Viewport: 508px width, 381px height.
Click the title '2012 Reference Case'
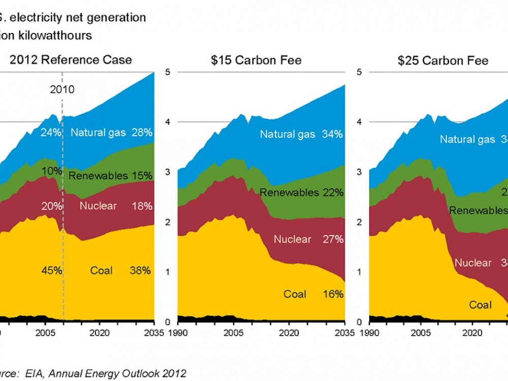point(71,60)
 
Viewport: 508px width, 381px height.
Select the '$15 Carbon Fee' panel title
point(257,60)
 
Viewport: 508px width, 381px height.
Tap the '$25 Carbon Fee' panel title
point(443,60)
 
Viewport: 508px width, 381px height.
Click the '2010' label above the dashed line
point(62,90)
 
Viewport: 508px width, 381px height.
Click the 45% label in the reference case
point(51,271)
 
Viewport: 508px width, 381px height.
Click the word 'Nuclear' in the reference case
point(98,206)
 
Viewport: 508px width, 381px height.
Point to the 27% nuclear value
point(333,239)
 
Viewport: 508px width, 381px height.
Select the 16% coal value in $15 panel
point(333,294)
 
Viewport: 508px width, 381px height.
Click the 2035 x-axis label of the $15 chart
point(344,334)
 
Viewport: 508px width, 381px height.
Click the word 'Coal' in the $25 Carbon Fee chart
point(480,305)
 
